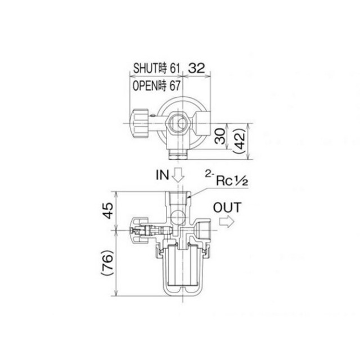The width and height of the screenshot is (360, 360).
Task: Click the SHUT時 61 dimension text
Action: click(156, 68)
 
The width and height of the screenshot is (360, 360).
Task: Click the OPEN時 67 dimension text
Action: click(156, 86)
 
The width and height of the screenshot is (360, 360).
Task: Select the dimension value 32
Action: click(196, 68)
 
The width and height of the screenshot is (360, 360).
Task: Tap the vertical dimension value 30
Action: click(220, 136)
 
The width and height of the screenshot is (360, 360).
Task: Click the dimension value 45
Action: click(107, 211)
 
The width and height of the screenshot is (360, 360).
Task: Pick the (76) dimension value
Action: click(107, 263)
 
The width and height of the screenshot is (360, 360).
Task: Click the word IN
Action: click(163, 175)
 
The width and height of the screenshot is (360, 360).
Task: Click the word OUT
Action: click(227, 208)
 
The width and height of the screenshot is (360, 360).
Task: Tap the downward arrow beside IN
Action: click(178, 175)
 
